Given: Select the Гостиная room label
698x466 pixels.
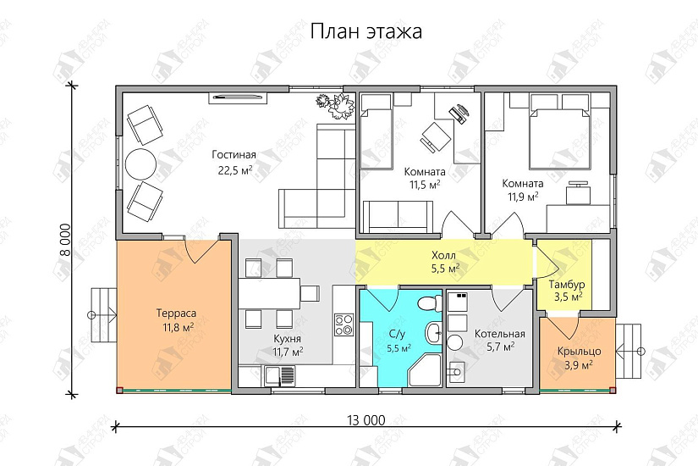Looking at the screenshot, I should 234,154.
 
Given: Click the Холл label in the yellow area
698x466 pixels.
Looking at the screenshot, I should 445,254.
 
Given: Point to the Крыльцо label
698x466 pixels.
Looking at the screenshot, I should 579,351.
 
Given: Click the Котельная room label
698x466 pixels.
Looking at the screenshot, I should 499,333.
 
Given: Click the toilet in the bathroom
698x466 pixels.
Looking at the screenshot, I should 427,301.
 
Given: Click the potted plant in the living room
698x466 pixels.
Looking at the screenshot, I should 334,103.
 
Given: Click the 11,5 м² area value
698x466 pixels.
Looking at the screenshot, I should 424,184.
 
